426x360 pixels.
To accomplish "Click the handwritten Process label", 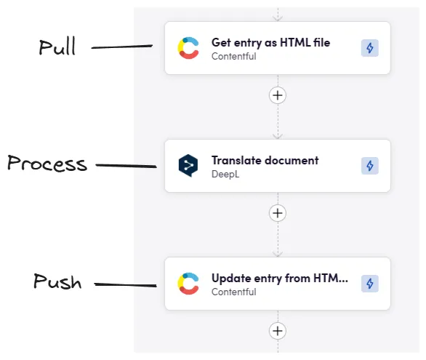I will pyautogui.click(x=47, y=164).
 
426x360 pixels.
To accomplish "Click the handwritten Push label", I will pyautogui.click(x=57, y=281).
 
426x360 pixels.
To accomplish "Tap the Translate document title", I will pyautogui.click(x=265, y=160).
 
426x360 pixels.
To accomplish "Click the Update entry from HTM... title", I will pyautogui.click(x=279, y=278).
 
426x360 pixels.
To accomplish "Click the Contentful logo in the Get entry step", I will pyautogui.click(x=189, y=48).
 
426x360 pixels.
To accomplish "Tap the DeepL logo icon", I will pyautogui.click(x=189, y=166).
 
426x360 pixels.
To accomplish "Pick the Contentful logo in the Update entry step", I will pyautogui.click(x=189, y=284).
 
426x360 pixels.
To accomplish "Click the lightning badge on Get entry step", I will pyautogui.click(x=369, y=48).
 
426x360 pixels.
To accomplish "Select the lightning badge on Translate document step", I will pyautogui.click(x=369, y=166).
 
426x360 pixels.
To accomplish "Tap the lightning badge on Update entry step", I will pyautogui.click(x=369, y=284).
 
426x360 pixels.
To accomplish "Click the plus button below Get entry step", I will pyautogui.click(x=277, y=95).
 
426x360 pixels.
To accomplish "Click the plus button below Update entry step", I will pyautogui.click(x=277, y=331).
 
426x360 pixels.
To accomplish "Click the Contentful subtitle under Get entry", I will pyautogui.click(x=233, y=56).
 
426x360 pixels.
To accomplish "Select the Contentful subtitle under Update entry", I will pyautogui.click(x=233, y=292).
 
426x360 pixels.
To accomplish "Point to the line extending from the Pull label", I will pyautogui.click(x=121, y=48).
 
